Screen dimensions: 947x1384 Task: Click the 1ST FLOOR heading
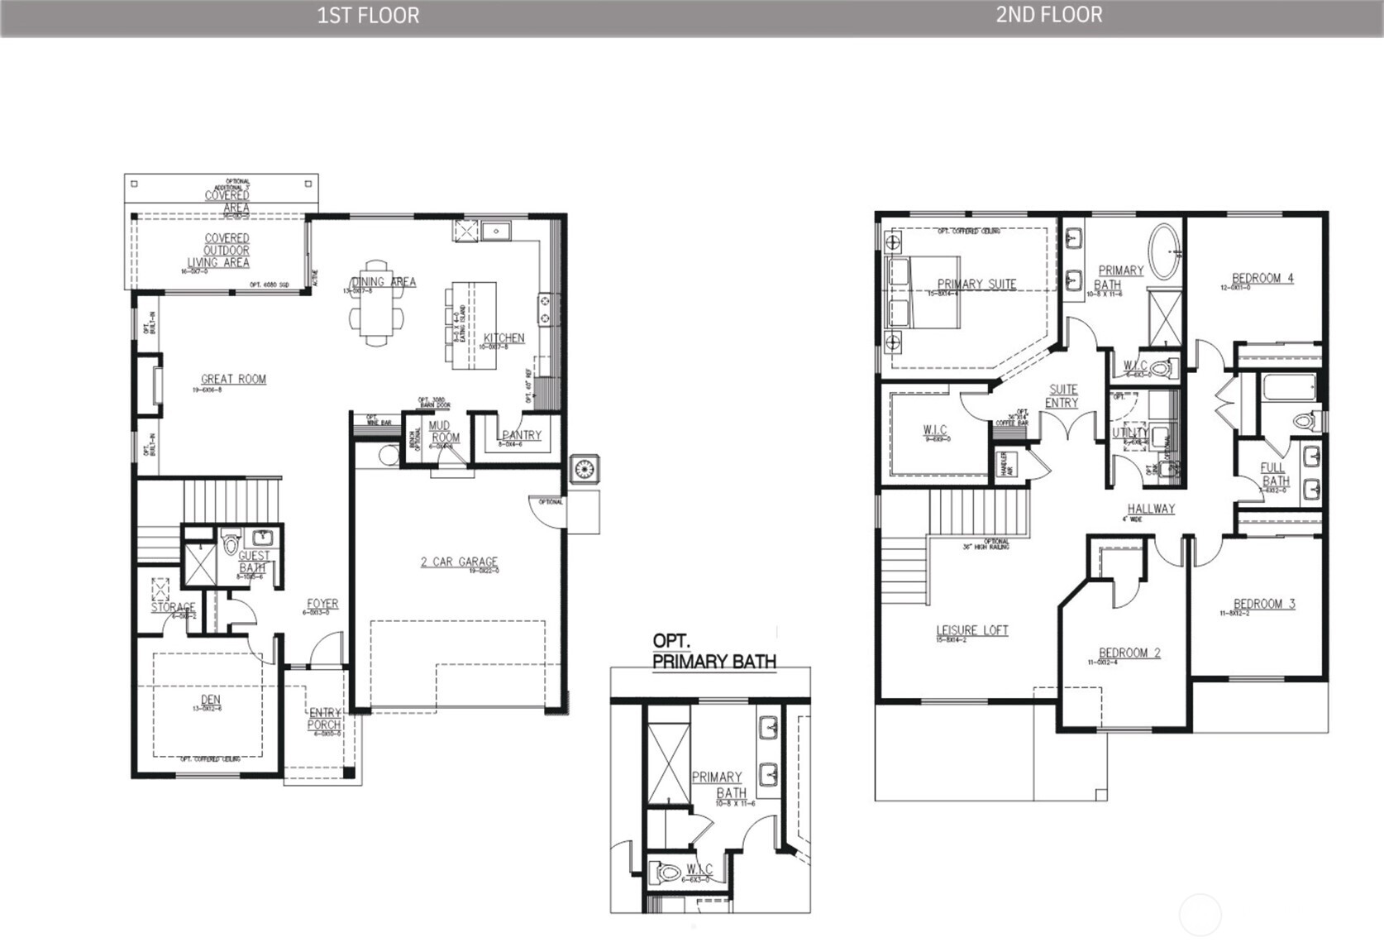(368, 16)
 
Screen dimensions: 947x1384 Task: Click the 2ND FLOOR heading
(1048, 15)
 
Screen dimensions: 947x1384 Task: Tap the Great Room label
(234, 380)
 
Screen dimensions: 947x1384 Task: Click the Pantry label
(522, 435)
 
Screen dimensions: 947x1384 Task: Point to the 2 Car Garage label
(460, 562)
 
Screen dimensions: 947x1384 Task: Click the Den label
(211, 700)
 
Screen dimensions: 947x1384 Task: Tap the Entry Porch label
(325, 719)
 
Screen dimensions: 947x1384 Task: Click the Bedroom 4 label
(1262, 279)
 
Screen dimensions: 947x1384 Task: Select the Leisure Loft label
(972, 630)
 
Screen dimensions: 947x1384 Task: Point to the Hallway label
(1151, 509)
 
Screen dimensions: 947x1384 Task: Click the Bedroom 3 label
(1264, 605)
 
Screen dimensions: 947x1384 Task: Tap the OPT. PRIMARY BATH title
(713, 652)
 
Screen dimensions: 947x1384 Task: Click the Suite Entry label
(1062, 396)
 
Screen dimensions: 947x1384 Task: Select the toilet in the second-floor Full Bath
(1304, 421)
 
